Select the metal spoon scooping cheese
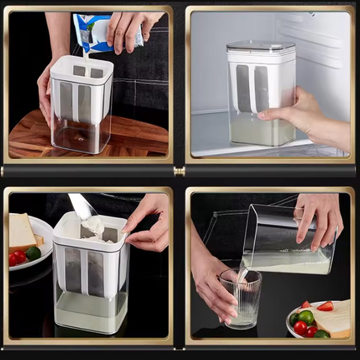tap(81, 207)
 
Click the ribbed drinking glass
tap(240, 297)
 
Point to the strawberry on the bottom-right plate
tap(325, 307)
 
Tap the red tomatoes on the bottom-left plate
tap(17, 258)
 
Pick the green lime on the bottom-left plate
tap(34, 253)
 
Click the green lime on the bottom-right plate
tap(306, 317)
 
